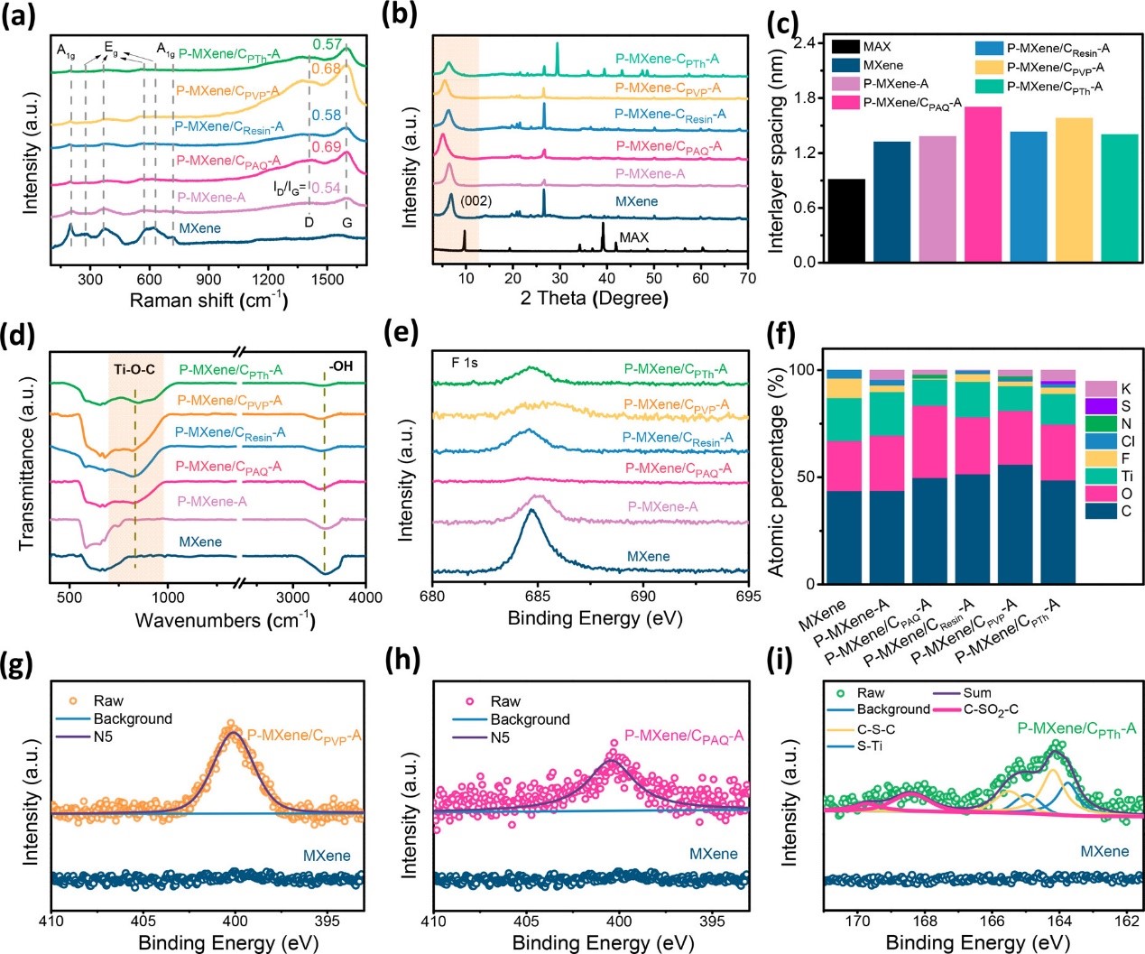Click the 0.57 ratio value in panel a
[x=328, y=45]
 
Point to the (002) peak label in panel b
[x=476, y=200]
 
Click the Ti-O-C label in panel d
[x=134, y=369]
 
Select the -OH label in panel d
[x=341, y=366]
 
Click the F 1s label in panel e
[x=465, y=363]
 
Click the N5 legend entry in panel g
[x=103, y=736]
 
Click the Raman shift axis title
[x=209, y=300]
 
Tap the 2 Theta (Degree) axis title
[x=594, y=299]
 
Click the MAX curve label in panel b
[x=633, y=237]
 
